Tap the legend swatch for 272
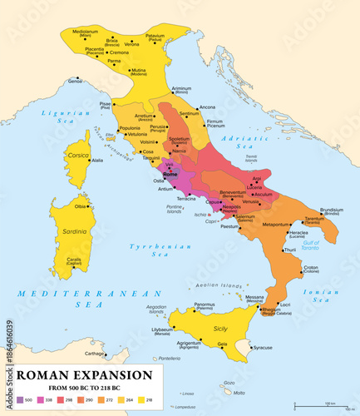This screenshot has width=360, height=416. click(x=104, y=400)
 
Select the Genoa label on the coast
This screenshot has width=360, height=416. click(x=76, y=81)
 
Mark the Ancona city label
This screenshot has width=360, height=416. click(x=207, y=106)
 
